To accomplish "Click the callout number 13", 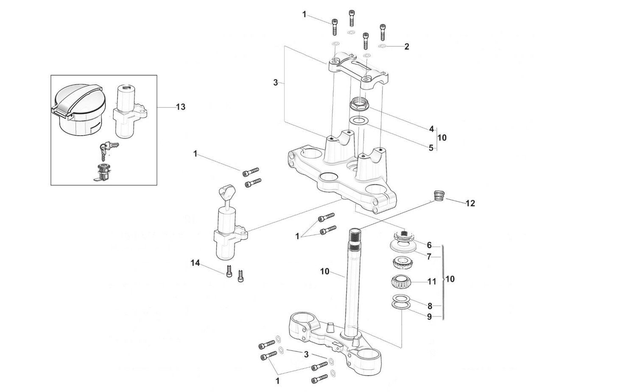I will [181, 107].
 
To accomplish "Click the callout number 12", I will [470, 203].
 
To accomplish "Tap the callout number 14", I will [195, 263].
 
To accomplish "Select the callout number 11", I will [432, 281].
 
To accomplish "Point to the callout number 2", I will [407, 47].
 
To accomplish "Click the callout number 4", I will [432, 129].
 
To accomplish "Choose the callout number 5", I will [431, 148].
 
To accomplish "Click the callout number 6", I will [429, 245].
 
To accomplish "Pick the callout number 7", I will [429, 257].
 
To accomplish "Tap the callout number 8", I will [430, 306].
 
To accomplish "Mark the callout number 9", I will [429, 316].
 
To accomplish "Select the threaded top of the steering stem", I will [355, 236].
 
